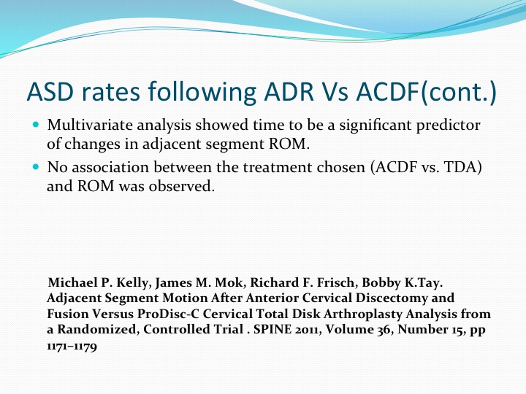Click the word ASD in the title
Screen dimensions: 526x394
point(50,91)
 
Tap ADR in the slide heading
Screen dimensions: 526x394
point(289,91)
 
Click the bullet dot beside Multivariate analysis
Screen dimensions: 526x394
point(37,125)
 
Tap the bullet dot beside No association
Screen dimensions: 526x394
point(37,166)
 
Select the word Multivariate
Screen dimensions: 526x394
point(91,125)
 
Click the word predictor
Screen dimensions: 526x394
point(448,125)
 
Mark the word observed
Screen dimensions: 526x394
point(181,186)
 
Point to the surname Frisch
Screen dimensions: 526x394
point(338,283)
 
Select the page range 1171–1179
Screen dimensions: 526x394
point(72,346)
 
